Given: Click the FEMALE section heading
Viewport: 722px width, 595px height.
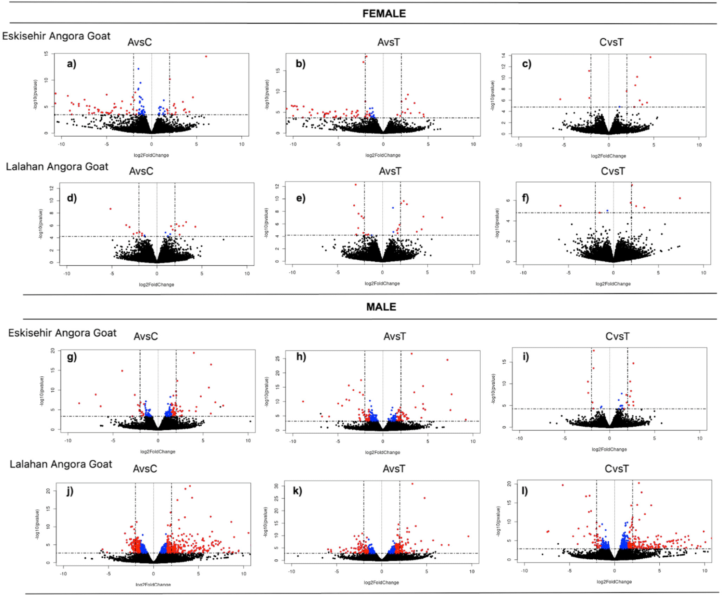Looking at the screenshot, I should [384, 14].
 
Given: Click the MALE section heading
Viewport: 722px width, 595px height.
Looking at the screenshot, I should [381, 307].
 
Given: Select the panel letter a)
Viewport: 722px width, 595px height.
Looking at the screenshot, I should [71, 64].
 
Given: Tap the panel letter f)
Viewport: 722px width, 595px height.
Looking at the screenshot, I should [525, 198].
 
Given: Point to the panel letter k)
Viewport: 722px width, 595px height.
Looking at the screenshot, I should [297, 491].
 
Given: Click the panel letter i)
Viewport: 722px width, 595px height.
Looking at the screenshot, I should [525, 357].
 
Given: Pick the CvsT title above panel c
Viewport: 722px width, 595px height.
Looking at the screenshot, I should [611, 42].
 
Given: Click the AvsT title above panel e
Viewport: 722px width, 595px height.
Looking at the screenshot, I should [390, 171].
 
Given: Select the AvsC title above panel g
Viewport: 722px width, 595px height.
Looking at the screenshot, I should [146, 336].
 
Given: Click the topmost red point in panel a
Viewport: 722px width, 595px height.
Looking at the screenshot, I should [206, 56].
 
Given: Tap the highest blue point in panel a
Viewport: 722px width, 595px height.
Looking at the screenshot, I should [139, 69].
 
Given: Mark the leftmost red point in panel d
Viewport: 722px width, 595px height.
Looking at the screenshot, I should [111, 209].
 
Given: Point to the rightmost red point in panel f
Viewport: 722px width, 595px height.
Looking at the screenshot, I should [680, 198].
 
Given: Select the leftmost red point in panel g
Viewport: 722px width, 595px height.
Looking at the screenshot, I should [79, 403].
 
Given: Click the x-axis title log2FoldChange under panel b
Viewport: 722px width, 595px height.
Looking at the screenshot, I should [383, 155].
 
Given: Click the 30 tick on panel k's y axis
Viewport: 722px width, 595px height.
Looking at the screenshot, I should [277, 486].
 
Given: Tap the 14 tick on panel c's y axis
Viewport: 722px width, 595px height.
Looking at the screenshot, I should [504, 55].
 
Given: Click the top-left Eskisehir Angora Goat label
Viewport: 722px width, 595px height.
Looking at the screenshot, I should [56, 36].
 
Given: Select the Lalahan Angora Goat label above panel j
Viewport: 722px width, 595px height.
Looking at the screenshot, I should [61, 464].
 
